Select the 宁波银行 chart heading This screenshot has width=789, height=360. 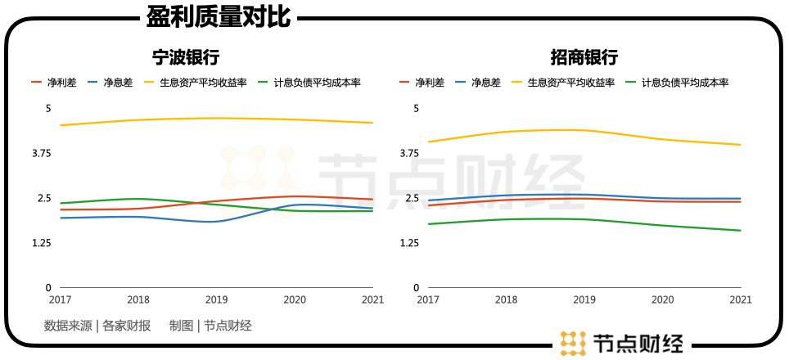point(186,57)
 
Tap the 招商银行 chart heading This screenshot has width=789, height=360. point(583,57)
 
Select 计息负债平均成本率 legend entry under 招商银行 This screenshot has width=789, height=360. point(684,83)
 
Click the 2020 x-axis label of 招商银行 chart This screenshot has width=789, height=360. point(661,300)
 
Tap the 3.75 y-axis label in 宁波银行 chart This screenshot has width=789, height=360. point(40,153)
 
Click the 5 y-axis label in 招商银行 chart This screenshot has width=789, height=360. point(416,108)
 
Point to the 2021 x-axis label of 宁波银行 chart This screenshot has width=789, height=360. point(372,300)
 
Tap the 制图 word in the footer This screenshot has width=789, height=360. point(182,326)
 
